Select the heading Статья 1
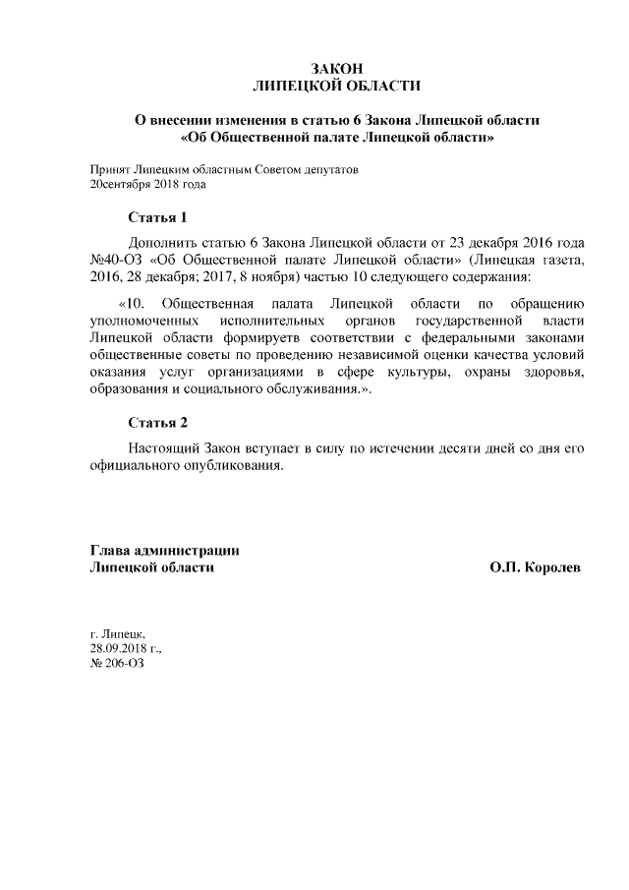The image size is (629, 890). (157, 216)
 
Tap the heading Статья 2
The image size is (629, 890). (157, 423)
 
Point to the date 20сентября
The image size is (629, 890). (121, 184)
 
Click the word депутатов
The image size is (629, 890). (331, 170)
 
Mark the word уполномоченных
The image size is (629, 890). (139, 321)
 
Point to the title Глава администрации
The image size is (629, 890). (165, 551)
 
